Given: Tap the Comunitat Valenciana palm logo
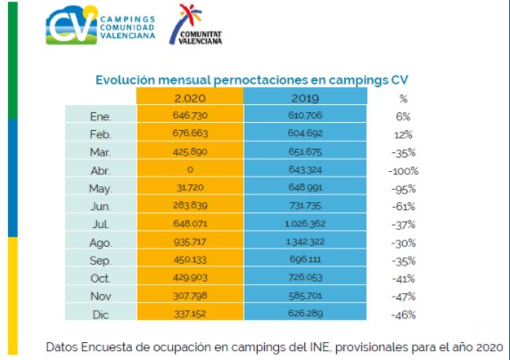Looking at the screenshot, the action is (x=195, y=24).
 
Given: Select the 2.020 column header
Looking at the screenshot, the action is (x=190, y=98).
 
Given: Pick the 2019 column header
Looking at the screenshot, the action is (x=305, y=98).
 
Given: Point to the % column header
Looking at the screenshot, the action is (x=403, y=99).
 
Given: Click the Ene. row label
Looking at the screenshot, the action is (x=101, y=117).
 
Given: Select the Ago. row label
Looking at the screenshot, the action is (x=101, y=243).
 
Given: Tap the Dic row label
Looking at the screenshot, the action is (x=101, y=315).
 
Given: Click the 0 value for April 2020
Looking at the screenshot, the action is (x=190, y=169).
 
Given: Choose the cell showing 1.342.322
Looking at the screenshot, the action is (x=305, y=241).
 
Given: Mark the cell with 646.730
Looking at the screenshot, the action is (x=190, y=116).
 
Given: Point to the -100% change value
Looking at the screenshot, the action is (x=403, y=171).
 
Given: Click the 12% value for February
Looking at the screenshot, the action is (x=403, y=135).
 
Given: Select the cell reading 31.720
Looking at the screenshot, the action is (x=190, y=187).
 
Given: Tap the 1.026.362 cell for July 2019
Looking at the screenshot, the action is (x=305, y=224).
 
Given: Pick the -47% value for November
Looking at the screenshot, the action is (x=403, y=297).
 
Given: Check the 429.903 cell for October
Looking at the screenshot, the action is (x=190, y=277).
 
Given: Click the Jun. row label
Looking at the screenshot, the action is (x=101, y=207).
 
